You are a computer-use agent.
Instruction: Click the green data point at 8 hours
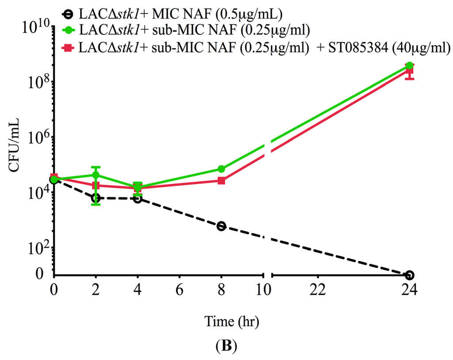pos(222,169)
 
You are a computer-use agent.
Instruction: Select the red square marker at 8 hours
pos(222,181)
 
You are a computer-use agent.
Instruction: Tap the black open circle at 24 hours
pos(410,275)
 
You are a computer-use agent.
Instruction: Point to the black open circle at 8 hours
pos(222,226)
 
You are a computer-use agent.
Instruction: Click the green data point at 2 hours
pos(96,175)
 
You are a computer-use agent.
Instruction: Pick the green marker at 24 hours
pos(410,66)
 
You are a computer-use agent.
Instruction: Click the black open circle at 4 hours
pos(138,199)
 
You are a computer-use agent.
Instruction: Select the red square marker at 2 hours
pos(96,186)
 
